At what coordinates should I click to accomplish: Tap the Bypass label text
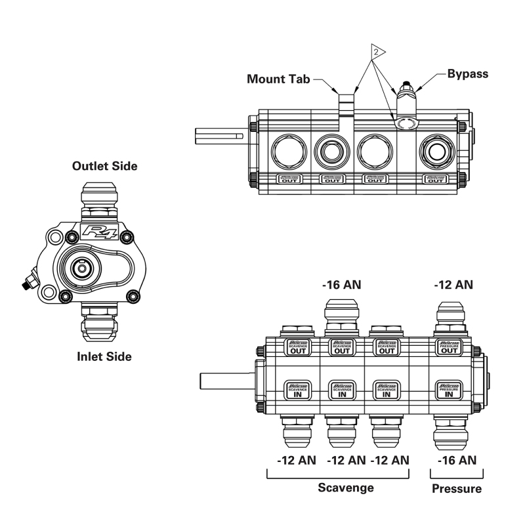(467, 73)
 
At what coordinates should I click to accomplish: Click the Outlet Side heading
(104, 166)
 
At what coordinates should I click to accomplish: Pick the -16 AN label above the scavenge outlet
(342, 285)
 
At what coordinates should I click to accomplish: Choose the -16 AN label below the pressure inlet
(457, 460)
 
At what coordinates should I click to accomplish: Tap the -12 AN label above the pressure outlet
(454, 285)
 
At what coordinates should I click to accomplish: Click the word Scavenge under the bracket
(346, 488)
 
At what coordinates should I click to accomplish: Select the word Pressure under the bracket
(457, 489)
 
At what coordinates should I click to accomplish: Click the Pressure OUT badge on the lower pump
(450, 346)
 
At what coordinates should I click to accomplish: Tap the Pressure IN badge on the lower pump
(450, 390)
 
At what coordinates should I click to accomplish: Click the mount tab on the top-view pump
(346, 105)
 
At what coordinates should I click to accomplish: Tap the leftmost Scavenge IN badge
(297, 390)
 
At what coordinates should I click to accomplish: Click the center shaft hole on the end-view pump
(82, 268)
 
